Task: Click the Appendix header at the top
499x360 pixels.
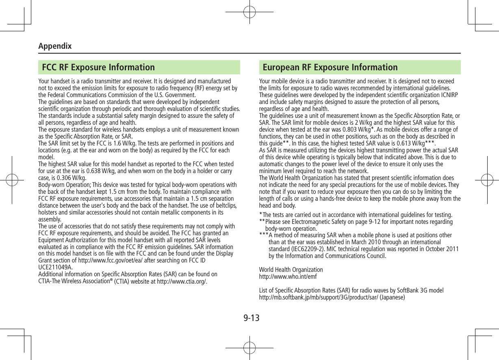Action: tap(55, 46)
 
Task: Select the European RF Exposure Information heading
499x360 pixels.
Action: tap(330, 67)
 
